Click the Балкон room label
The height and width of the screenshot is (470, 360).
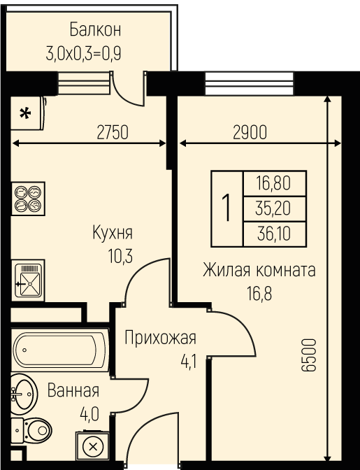point(95,29)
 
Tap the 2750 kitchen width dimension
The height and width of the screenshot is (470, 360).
point(113,132)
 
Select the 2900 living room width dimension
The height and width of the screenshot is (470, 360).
point(250,132)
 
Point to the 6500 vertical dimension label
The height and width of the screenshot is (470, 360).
point(309,355)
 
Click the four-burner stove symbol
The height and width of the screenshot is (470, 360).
point(28,199)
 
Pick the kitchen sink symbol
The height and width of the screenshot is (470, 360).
point(28,280)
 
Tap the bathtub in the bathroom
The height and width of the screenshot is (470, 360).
point(60,350)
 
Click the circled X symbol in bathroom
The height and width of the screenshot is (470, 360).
point(93,447)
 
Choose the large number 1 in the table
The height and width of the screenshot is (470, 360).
point(226,208)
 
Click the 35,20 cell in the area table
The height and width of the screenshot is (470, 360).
point(273,208)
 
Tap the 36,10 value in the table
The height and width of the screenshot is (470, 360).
point(274,234)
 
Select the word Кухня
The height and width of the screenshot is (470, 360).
point(113,233)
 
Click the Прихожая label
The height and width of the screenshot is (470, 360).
point(161,338)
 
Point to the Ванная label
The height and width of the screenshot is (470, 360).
point(73,390)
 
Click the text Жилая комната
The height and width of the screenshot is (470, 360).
point(259,269)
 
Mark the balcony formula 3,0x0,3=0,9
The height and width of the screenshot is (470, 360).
point(84,55)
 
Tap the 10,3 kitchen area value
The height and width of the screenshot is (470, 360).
point(120,257)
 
